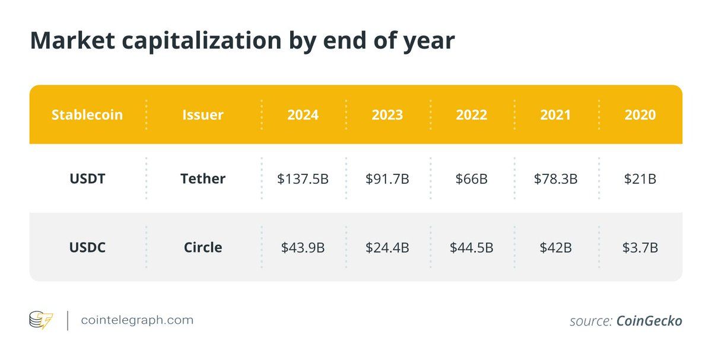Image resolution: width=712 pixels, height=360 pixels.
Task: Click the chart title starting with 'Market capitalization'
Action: tap(242, 40)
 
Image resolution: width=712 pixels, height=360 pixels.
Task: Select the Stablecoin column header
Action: tap(87, 114)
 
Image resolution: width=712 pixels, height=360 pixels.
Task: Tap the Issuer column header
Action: tap(203, 114)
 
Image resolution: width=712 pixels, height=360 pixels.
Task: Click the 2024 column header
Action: tap(303, 114)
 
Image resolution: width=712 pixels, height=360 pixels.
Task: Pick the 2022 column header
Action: tap(472, 114)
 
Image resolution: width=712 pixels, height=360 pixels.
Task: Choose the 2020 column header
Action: tap(640, 114)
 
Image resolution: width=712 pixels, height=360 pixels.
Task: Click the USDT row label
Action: tap(87, 179)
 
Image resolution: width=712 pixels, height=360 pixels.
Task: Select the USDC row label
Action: tap(87, 247)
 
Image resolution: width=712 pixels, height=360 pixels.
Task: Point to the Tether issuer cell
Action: tap(203, 179)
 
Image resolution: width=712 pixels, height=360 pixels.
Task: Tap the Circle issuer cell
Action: tap(203, 247)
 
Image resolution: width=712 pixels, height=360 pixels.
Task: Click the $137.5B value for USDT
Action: tap(303, 179)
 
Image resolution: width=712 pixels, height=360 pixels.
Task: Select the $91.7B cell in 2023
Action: tap(387, 179)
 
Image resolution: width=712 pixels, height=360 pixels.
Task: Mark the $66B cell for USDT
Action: tap(472, 179)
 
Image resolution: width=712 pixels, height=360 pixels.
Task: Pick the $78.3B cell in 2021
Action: tap(556, 179)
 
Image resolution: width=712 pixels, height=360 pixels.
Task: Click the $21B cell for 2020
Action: tap(640, 179)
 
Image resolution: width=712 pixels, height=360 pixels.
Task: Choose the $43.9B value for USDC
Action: tap(303, 247)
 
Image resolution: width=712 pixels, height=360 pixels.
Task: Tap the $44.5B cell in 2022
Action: tap(472, 247)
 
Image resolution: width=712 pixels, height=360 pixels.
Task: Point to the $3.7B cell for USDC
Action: tap(640, 247)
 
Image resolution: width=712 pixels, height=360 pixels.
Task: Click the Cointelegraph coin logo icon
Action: tap(41, 321)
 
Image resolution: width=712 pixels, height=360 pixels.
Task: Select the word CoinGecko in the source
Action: tap(649, 321)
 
